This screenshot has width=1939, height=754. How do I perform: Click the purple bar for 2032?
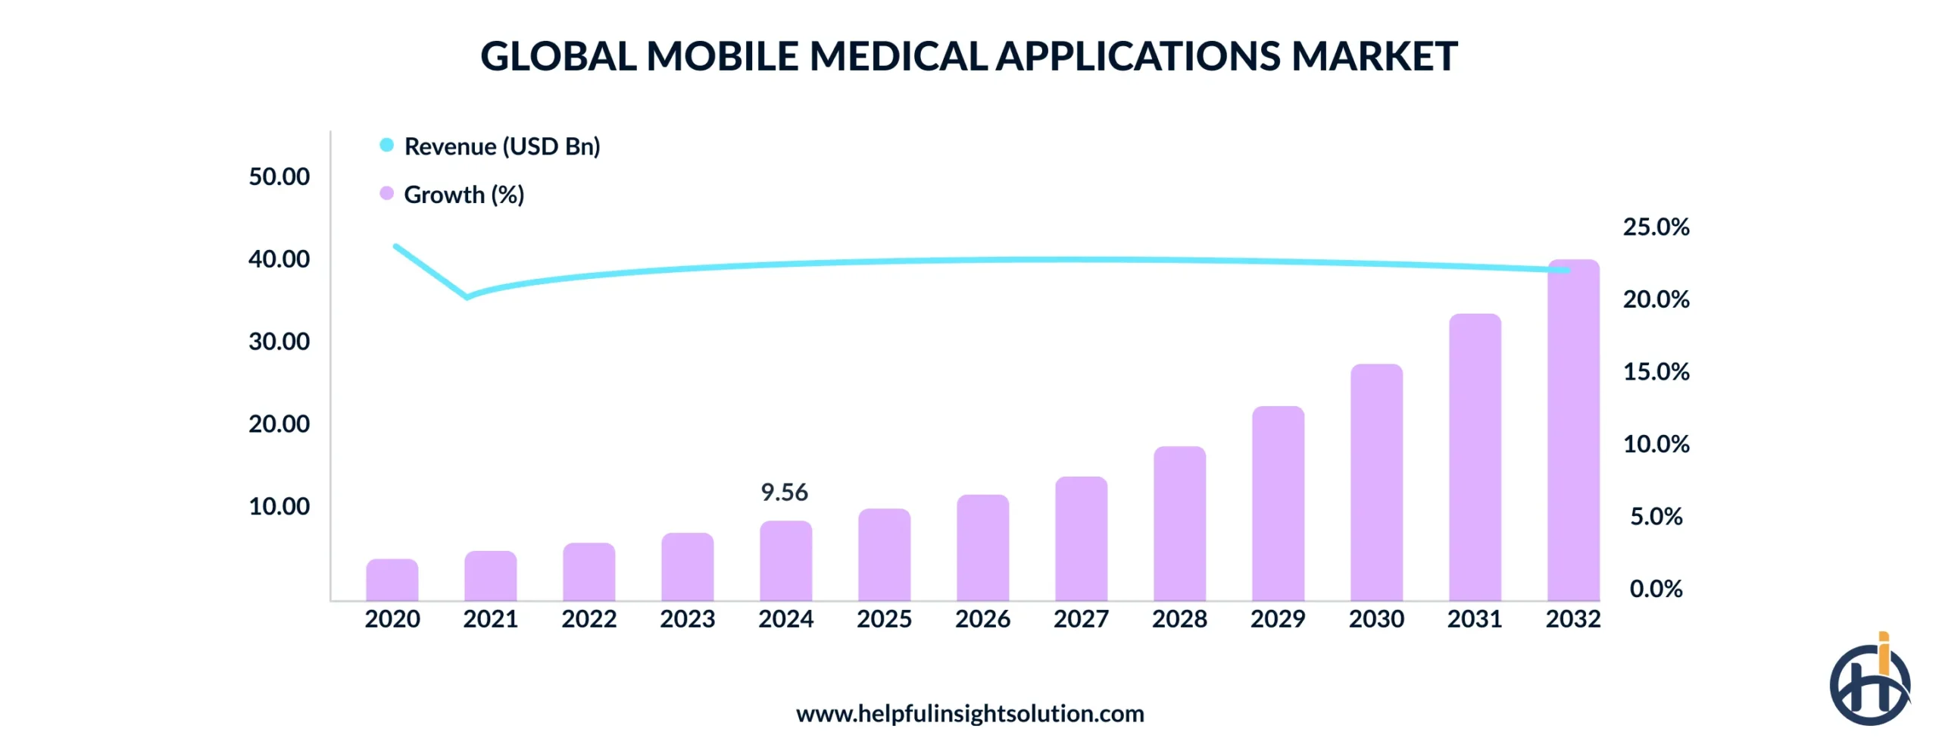[x=1572, y=432]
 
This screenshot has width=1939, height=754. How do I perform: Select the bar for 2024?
[x=785, y=562]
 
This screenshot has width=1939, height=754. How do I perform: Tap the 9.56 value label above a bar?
[x=784, y=493]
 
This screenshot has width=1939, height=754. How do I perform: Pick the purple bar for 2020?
[x=392, y=580]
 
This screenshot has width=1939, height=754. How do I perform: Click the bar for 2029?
[x=1278, y=504]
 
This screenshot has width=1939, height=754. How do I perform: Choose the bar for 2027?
[x=1081, y=539]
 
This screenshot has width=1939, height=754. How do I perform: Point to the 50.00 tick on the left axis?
[x=279, y=177]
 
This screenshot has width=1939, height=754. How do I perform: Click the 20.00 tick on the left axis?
[x=279, y=424]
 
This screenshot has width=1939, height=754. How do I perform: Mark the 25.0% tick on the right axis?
[x=1656, y=227]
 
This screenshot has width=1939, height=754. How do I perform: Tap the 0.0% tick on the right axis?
[x=1656, y=589]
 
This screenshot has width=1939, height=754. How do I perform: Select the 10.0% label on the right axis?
[x=1656, y=444]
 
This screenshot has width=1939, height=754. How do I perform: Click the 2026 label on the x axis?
[x=982, y=619]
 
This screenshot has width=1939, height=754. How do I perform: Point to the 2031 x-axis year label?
[x=1474, y=619]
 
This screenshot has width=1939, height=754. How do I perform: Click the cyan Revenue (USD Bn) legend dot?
[x=386, y=145]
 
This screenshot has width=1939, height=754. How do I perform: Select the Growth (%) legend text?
[x=464, y=195]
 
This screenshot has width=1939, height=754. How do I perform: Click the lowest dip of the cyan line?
[x=467, y=296]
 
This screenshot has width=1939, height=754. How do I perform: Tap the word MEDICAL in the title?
[x=898, y=56]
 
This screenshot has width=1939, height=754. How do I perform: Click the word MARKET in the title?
[x=1373, y=56]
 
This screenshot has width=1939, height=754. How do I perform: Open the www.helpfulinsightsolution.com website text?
[x=969, y=714]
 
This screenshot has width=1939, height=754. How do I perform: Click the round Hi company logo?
[x=1869, y=682]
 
